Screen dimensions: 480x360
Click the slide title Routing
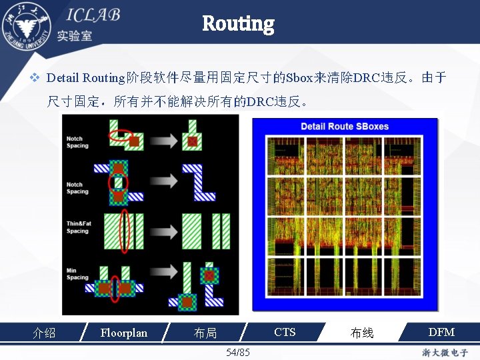(x=238, y=24)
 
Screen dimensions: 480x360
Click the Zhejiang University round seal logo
(x=27, y=25)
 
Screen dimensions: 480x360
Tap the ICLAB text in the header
(x=93, y=15)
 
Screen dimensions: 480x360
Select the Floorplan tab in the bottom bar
(x=123, y=332)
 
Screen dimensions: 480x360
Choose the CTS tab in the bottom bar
(x=285, y=332)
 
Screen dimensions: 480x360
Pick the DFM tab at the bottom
(x=441, y=332)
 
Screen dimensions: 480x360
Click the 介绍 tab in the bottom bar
(x=45, y=333)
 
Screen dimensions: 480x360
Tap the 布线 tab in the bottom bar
(x=362, y=333)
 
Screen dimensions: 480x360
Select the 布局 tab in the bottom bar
(x=205, y=333)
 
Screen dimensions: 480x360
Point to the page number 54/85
(x=238, y=352)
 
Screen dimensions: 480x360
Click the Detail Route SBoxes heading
(x=344, y=127)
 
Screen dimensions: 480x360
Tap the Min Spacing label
(x=77, y=274)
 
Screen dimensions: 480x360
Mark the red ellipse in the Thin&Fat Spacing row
(x=123, y=230)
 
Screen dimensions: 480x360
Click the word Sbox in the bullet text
(x=298, y=78)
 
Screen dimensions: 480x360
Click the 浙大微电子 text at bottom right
(x=445, y=352)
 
